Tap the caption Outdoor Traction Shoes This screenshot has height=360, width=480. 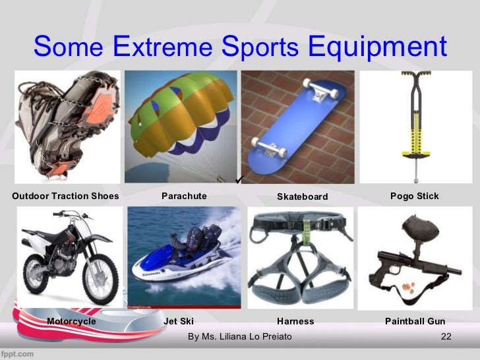coord(65,196)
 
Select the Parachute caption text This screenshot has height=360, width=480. coord(184,196)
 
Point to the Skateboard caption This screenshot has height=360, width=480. coord(302,196)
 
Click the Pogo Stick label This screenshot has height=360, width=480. coord(414,196)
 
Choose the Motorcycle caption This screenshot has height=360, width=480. coord(71,321)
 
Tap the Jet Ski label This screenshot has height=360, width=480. coord(179,321)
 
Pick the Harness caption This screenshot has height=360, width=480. coord(295,321)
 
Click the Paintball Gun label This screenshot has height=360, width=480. coord(415,321)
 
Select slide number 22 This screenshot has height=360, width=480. coord(445,337)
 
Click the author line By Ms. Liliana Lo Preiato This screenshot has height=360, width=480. coord(239,337)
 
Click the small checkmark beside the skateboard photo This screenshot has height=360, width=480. coord(241,179)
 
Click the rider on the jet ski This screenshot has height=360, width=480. coord(198,237)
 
